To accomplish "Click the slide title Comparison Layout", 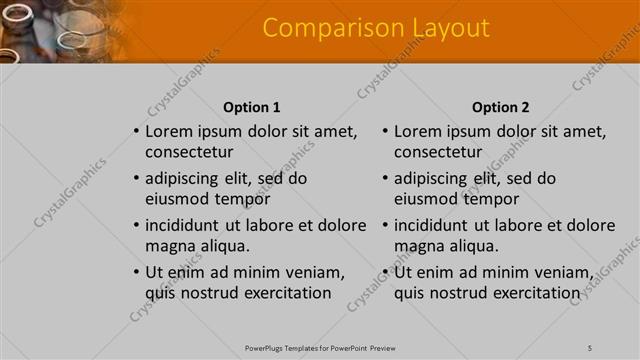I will pyautogui.click(x=376, y=28).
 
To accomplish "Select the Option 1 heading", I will pyautogui.click(x=251, y=107).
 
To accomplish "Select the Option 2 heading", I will pyautogui.click(x=500, y=107).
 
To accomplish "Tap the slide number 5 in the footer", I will pyautogui.click(x=590, y=347).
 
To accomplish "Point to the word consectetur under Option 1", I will pyautogui.click(x=189, y=153).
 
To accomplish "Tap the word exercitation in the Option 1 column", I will pyautogui.click(x=281, y=293).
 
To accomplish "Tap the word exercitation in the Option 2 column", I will pyautogui.click(x=530, y=293).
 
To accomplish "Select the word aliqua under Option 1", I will pyautogui.click(x=223, y=246).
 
